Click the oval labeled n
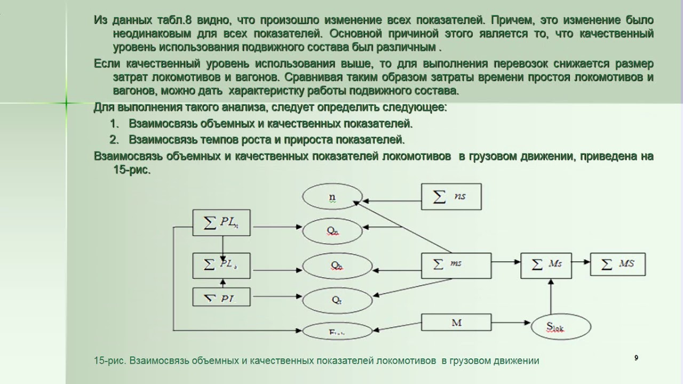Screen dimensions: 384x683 (332, 197)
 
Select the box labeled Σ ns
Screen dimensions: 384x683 (451, 196)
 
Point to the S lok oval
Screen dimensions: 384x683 (561, 326)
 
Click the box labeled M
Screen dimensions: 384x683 (456, 323)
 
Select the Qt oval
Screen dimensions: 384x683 (336, 300)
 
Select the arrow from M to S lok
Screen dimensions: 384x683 (511, 323)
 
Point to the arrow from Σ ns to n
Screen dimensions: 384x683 (392, 201)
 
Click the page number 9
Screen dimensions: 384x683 (636, 358)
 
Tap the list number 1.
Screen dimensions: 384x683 (114, 124)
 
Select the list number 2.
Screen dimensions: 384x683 (114, 140)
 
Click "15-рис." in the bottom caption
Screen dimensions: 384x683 (109, 361)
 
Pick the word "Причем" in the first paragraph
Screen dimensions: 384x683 (511, 20)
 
